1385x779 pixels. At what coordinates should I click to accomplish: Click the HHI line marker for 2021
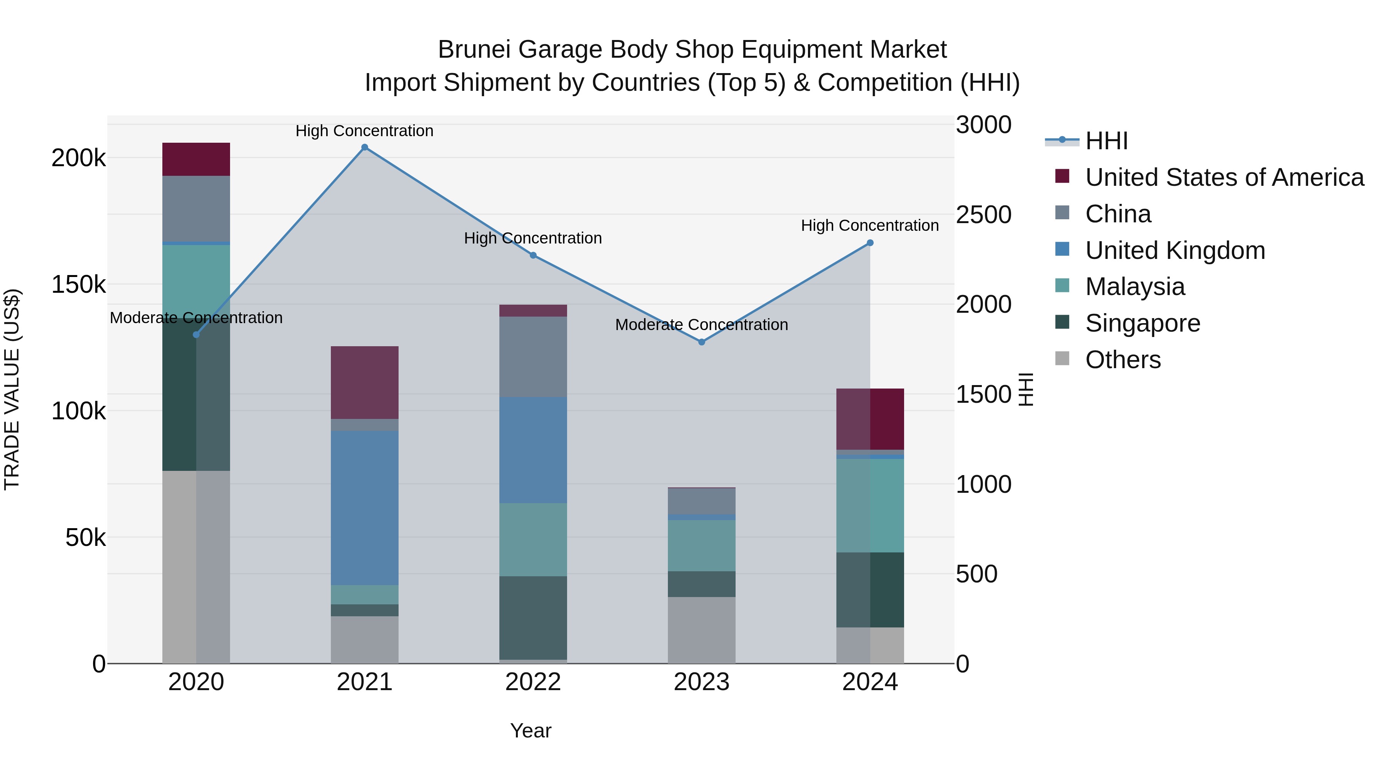click(365, 147)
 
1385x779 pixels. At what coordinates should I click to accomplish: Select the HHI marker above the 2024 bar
click(870, 243)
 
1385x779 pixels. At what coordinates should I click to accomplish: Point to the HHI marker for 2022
click(533, 255)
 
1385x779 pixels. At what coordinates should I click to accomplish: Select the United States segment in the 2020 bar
click(196, 159)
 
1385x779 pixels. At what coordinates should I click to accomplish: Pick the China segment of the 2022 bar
click(533, 357)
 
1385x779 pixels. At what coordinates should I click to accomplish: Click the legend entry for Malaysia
click(1135, 287)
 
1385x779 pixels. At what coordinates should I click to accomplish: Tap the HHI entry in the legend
click(1106, 141)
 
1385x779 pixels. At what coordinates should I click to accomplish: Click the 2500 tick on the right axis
click(983, 215)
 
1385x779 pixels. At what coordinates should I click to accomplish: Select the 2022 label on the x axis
click(533, 682)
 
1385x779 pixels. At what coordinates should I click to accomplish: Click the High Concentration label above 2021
click(365, 131)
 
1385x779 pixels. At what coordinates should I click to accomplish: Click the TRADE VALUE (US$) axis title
click(12, 389)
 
